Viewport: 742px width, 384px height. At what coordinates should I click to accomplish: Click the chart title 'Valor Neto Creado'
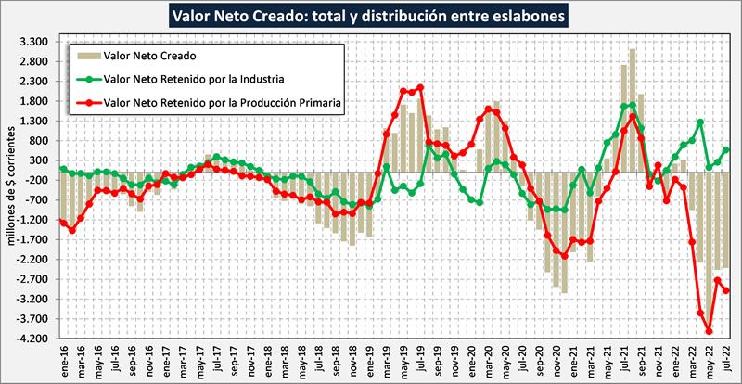(x=371, y=16)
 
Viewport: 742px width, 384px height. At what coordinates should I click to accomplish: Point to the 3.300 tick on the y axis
(x=34, y=42)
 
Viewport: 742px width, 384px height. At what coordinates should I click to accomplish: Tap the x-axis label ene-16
(x=63, y=359)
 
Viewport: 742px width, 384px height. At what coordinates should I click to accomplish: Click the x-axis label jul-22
(x=725, y=359)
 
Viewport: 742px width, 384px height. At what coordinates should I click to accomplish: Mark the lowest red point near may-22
(x=709, y=331)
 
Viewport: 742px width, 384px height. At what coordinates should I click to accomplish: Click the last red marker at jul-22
(x=725, y=290)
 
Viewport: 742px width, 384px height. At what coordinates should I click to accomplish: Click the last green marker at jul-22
(x=725, y=150)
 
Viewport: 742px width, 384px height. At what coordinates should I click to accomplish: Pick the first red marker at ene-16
(x=63, y=222)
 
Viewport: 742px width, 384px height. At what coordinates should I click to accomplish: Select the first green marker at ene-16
(x=63, y=169)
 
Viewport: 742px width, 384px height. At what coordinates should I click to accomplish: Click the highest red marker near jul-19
(x=420, y=88)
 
